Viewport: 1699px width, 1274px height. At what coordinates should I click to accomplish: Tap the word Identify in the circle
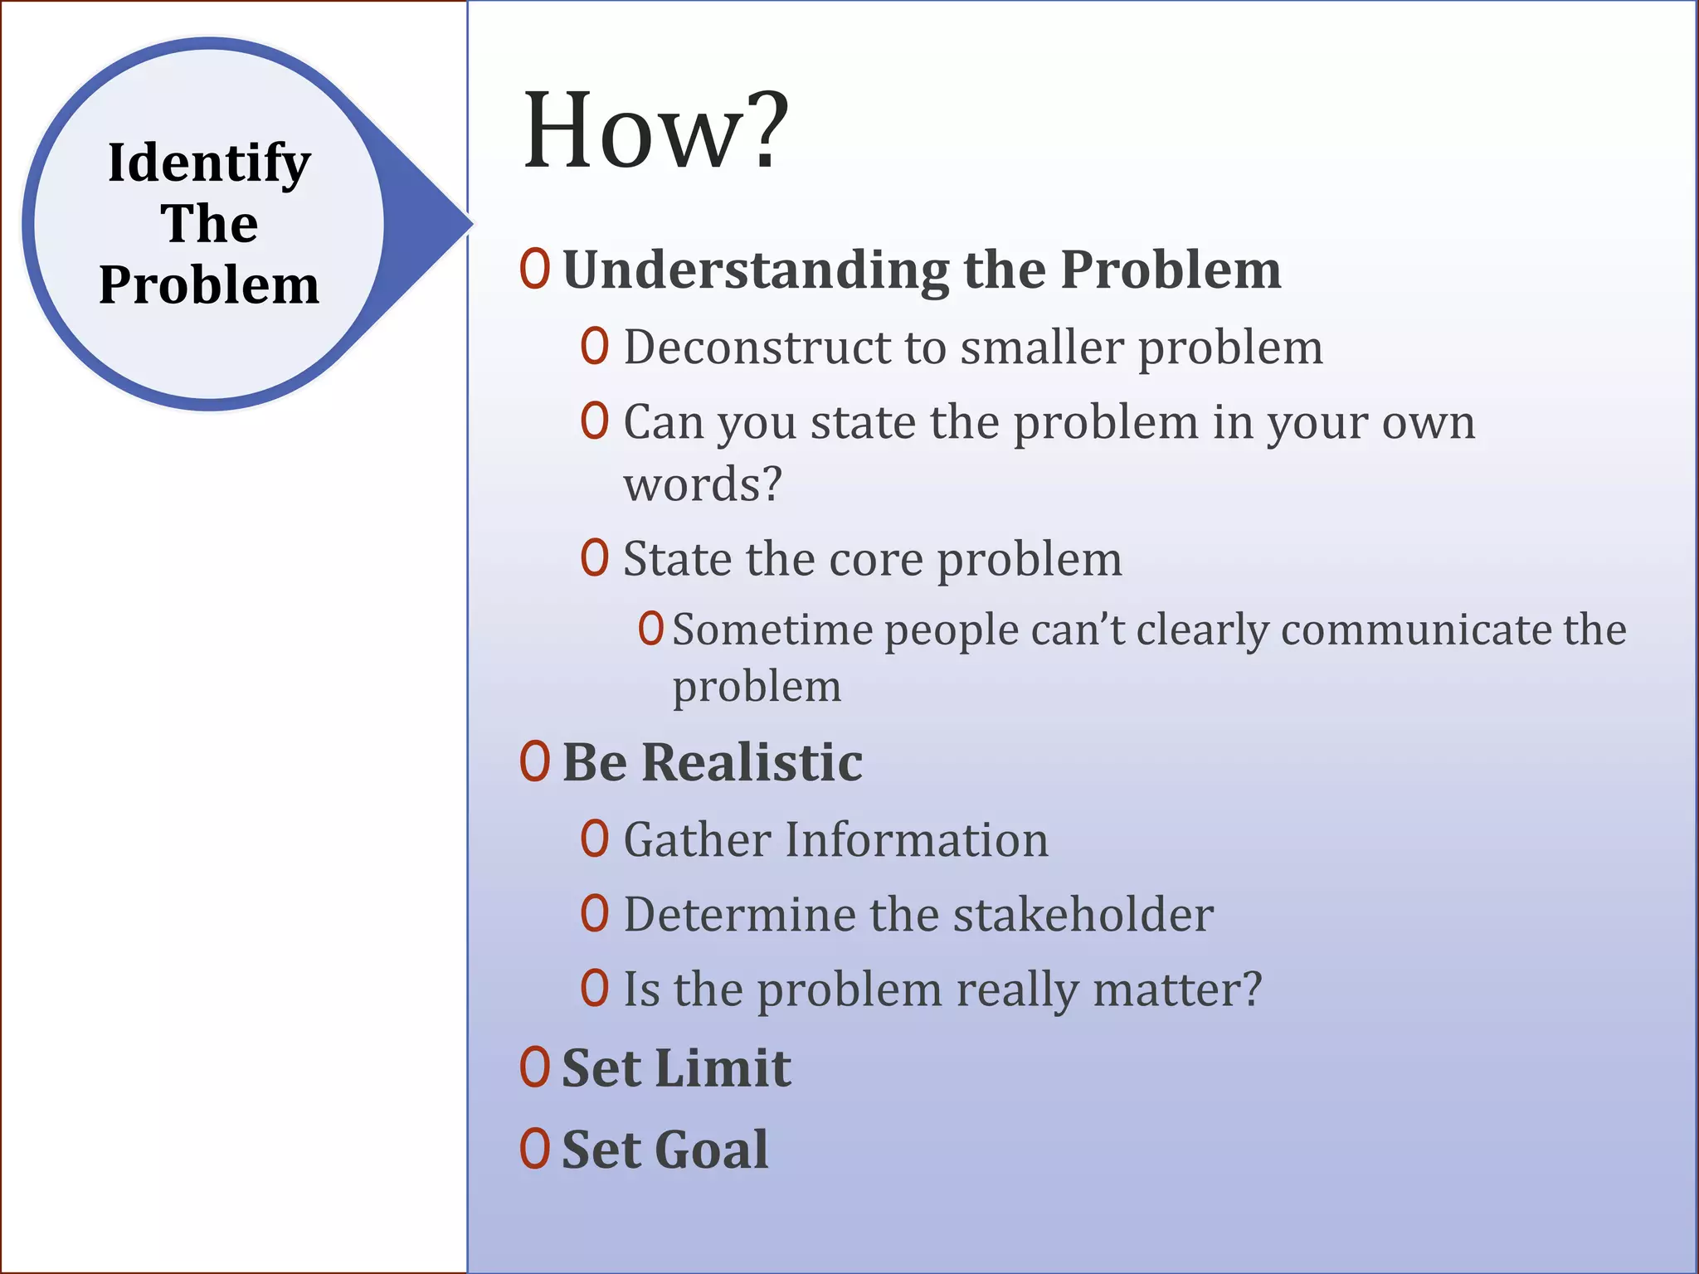[x=209, y=163]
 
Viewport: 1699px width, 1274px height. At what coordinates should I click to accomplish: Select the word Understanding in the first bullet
[x=756, y=271]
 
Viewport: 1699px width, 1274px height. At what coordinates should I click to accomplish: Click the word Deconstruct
[x=757, y=347]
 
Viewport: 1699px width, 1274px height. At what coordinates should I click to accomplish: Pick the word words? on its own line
[x=703, y=484]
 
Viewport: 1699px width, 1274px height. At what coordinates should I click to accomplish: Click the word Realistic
[x=752, y=762]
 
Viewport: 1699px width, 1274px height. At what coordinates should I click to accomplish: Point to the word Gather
[x=698, y=840]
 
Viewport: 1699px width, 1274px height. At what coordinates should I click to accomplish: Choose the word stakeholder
[x=1083, y=915]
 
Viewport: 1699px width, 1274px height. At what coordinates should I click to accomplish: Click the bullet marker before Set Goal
[x=535, y=1150]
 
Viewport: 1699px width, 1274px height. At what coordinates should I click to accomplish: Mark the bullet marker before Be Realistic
[x=535, y=761]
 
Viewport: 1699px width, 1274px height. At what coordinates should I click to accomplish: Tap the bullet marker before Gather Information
[x=595, y=839]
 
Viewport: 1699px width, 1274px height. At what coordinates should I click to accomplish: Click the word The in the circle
[x=209, y=224]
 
